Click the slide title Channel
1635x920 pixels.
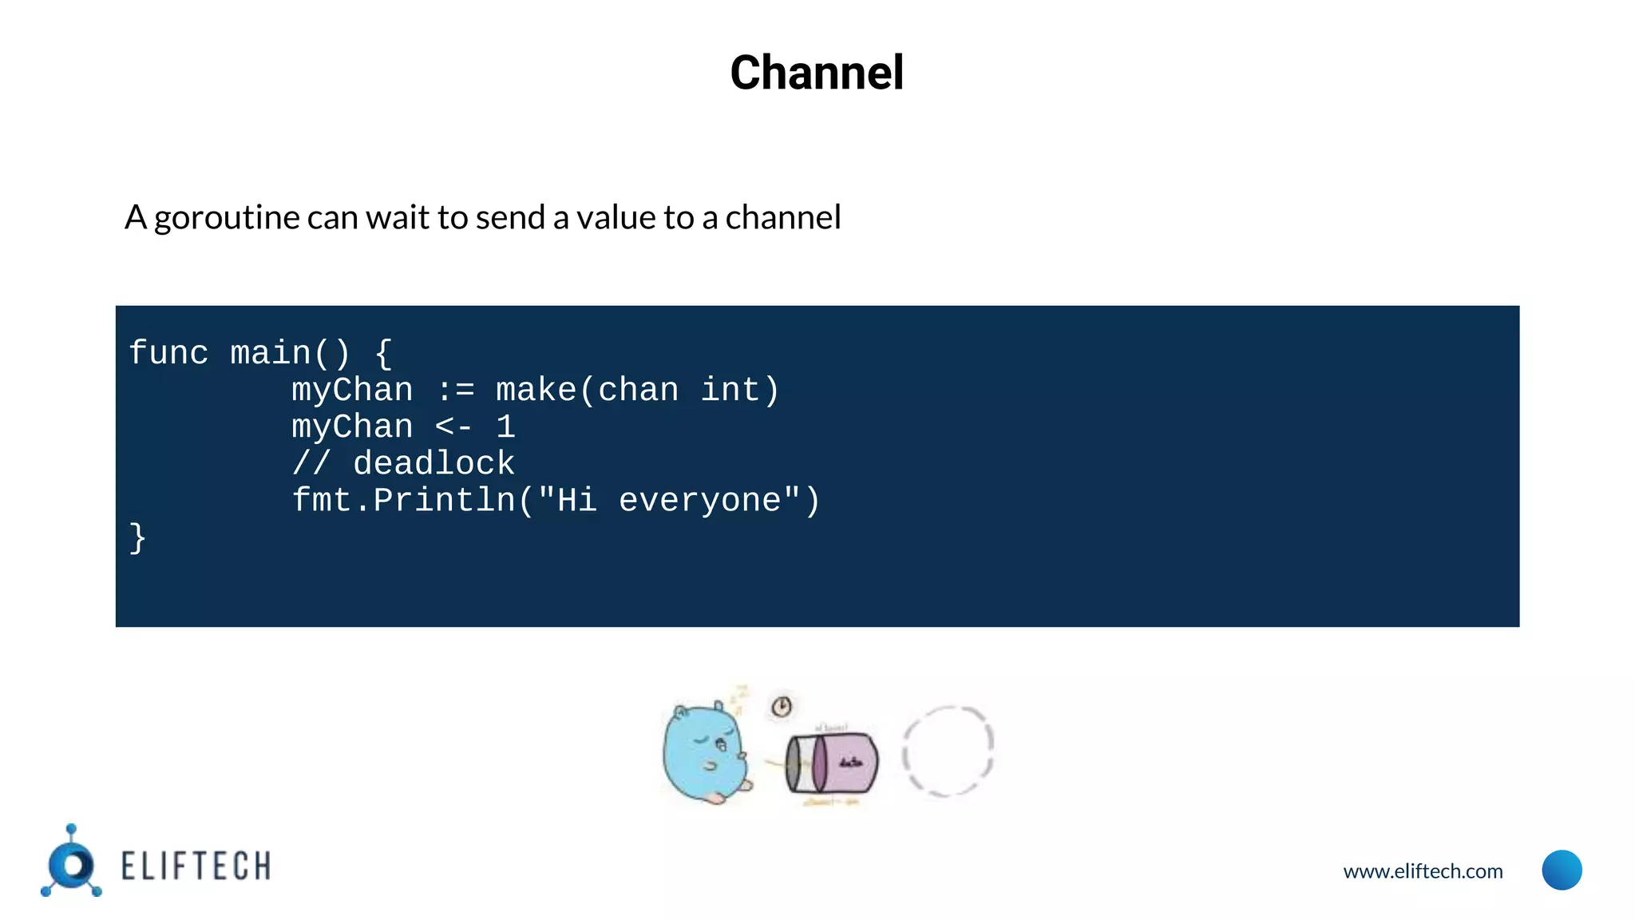pyautogui.click(x=817, y=73)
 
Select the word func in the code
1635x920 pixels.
pyautogui.click(x=168, y=353)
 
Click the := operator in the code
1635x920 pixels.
pyautogui.click(x=455, y=391)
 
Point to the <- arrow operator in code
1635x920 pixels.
pyautogui.click(x=453, y=427)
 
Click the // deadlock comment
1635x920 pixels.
pyautogui.click(x=403, y=464)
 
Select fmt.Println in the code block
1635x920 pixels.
pyautogui.click(x=403, y=501)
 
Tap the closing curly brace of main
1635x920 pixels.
pyautogui.click(x=137, y=537)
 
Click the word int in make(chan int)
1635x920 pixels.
pyautogui.click(x=730, y=391)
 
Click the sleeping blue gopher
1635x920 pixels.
pyautogui.click(x=706, y=751)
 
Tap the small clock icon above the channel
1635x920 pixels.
pyautogui.click(x=782, y=706)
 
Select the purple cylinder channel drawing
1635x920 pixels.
pyautogui.click(x=833, y=763)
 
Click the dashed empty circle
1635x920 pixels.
pyautogui.click(x=948, y=751)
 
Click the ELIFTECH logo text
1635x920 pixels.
pyautogui.click(x=196, y=866)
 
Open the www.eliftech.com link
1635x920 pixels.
pyautogui.click(x=1423, y=871)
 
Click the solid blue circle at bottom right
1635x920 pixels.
pyautogui.click(x=1562, y=870)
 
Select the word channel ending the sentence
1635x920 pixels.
pyautogui.click(x=782, y=218)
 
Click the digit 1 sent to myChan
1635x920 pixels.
pyautogui.click(x=506, y=427)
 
